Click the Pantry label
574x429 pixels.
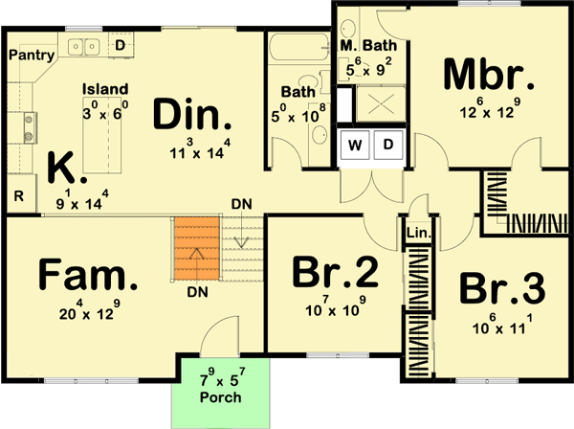30,56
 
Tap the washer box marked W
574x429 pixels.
355,146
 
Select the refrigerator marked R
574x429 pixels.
19,196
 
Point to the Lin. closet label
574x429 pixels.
419,233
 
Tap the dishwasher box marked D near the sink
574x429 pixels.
121,45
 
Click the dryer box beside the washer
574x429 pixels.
388,146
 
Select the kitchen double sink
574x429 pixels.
84,45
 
